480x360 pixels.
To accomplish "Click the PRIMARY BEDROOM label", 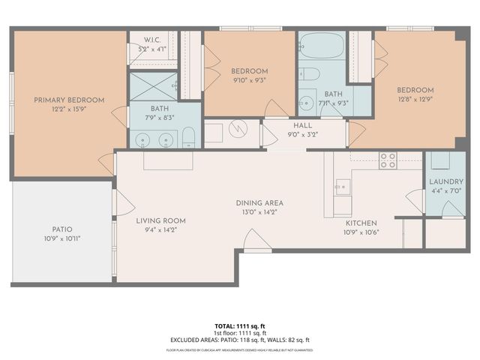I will coord(68,100).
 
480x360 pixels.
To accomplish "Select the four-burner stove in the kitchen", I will coord(388,159).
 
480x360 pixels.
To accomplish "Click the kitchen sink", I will coord(343,185).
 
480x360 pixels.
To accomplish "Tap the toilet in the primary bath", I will coord(189,137).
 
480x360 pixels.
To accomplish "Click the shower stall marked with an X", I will coord(153,87).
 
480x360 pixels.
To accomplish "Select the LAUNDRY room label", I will coord(445,182).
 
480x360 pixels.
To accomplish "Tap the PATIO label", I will coord(61,229).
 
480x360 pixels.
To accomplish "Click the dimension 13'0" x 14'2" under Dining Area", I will coord(259,212).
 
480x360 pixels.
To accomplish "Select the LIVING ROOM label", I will coord(160,220).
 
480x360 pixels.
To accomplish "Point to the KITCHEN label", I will coord(361,223).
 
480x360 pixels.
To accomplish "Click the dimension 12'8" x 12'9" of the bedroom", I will coord(415,99).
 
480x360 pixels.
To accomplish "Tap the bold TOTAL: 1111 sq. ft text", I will coord(240,326).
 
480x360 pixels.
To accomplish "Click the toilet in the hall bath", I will coord(309,73).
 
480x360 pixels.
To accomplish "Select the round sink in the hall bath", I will coord(307,103).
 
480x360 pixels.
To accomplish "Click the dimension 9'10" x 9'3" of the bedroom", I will coord(249,79).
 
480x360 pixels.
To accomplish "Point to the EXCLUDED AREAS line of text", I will coord(240,339).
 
